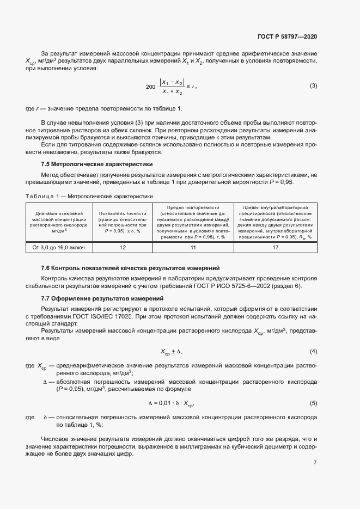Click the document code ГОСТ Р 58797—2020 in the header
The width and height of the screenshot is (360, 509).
click(x=287, y=36)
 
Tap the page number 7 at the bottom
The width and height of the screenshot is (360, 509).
click(x=315, y=463)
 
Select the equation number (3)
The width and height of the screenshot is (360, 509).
click(x=313, y=86)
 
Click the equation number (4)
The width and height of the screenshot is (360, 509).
click(x=313, y=351)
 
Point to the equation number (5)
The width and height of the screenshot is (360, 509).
click(x=313, y=403)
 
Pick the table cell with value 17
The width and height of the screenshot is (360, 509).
click(x=276, y=247)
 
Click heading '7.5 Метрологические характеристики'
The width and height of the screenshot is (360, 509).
click(x=97, y=164)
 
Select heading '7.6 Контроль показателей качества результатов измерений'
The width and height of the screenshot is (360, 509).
click(x=130, y=268)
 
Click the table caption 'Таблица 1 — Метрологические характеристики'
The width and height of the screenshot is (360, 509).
click(x=89, y=195)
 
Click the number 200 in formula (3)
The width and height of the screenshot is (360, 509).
click(x=151, y=87)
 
